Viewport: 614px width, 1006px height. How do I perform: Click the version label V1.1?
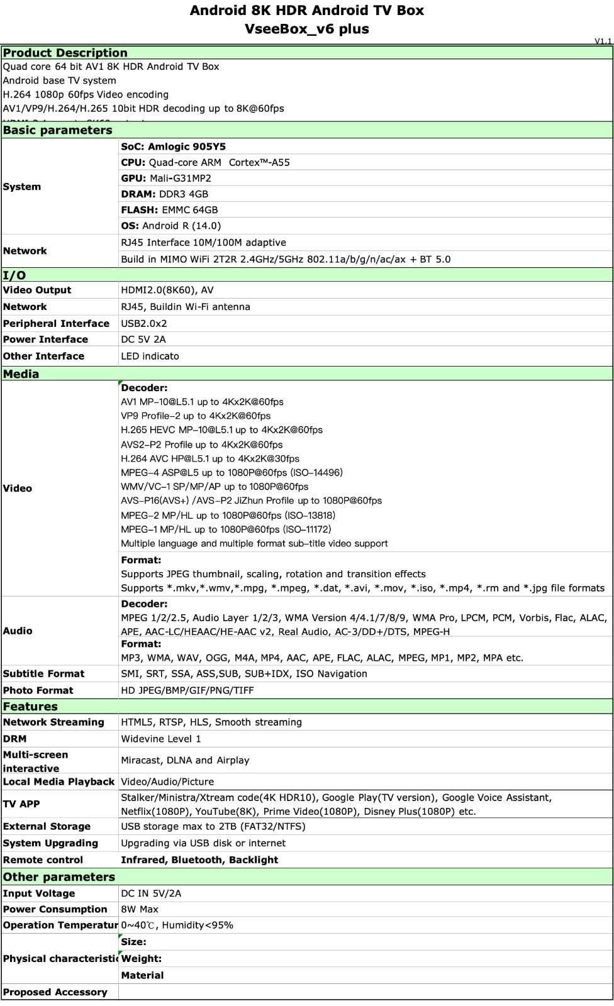[603, 41]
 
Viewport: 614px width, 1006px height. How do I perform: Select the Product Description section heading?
[65, 53]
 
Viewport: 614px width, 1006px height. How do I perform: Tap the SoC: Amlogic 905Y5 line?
[173, 146]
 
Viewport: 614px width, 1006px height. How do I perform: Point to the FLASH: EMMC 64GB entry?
[169, 210]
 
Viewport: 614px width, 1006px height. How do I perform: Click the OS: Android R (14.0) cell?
[170, 226]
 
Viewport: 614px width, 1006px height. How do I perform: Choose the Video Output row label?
[37, 290]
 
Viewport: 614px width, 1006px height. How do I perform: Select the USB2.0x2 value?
[144, 323]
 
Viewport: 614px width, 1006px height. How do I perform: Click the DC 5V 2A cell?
[144, 340]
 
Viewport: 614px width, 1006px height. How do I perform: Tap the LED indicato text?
[150, 356]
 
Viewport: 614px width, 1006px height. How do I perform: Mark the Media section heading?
[21, 374]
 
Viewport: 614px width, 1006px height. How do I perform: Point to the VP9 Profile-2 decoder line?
[196, 416]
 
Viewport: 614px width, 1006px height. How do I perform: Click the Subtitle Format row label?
[43, 673]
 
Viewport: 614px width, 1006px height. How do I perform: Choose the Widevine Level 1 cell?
[161, 739]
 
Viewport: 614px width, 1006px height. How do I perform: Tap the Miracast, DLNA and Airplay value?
[185, 760]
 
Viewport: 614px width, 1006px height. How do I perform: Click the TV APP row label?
[21, 804]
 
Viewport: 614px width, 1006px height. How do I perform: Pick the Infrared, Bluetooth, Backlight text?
[199, 860]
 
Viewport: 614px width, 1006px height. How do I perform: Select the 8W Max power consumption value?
[140, 909]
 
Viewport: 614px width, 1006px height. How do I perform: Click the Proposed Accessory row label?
[55, 992]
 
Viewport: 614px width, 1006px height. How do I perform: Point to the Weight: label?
[142, 958]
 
